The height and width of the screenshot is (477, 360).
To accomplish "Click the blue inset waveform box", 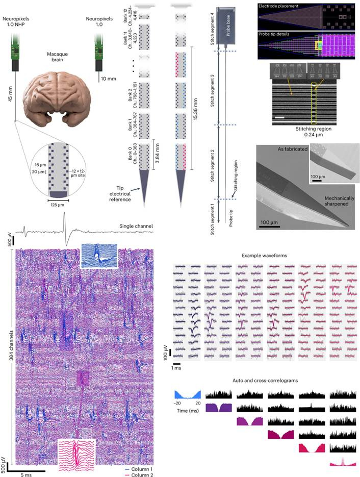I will pyautogui.click(x=99, y=256).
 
